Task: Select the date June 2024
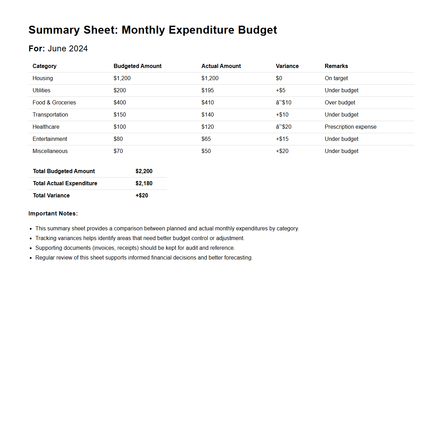click(x=68, y=49)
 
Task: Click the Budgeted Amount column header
click(x=137, y=66)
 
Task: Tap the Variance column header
click(x=287, y=66)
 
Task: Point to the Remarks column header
click(x=336, y=66)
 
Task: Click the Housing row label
click(x=43, y=78)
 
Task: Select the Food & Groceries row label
click(x=54, y=103)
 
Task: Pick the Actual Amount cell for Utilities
click(x=207, y=91)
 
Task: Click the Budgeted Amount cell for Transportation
click(x=120, y=115)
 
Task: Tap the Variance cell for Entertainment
click(x=282, y=139)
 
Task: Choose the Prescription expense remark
click(x=350, y=127)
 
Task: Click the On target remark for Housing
click(x=336, y=78)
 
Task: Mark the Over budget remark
click(x=340, y=103)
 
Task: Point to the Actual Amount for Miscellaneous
click(x=206, y=151)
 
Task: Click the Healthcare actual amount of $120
click(x=207, y=127)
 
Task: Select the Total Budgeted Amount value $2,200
click(x=144, y=171)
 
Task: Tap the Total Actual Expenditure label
click(x=65, y=184)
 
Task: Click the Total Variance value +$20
click(x=142, y=196)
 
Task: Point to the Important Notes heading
click(x=53, y=214)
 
